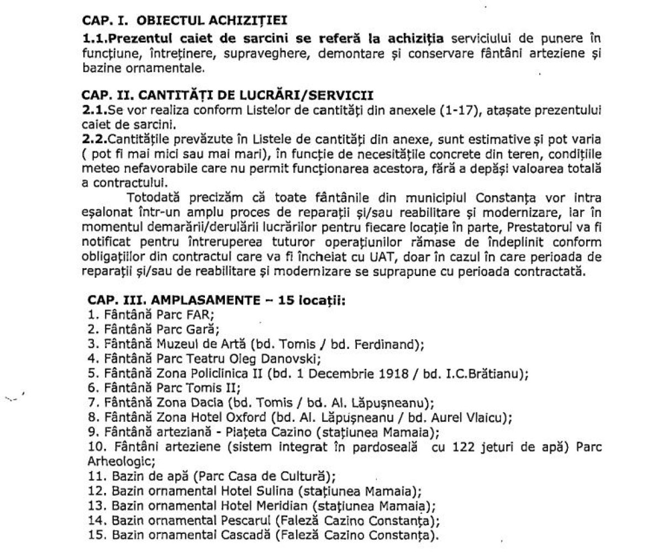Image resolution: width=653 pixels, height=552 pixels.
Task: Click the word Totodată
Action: pyautogui.click(x=153, y=197)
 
